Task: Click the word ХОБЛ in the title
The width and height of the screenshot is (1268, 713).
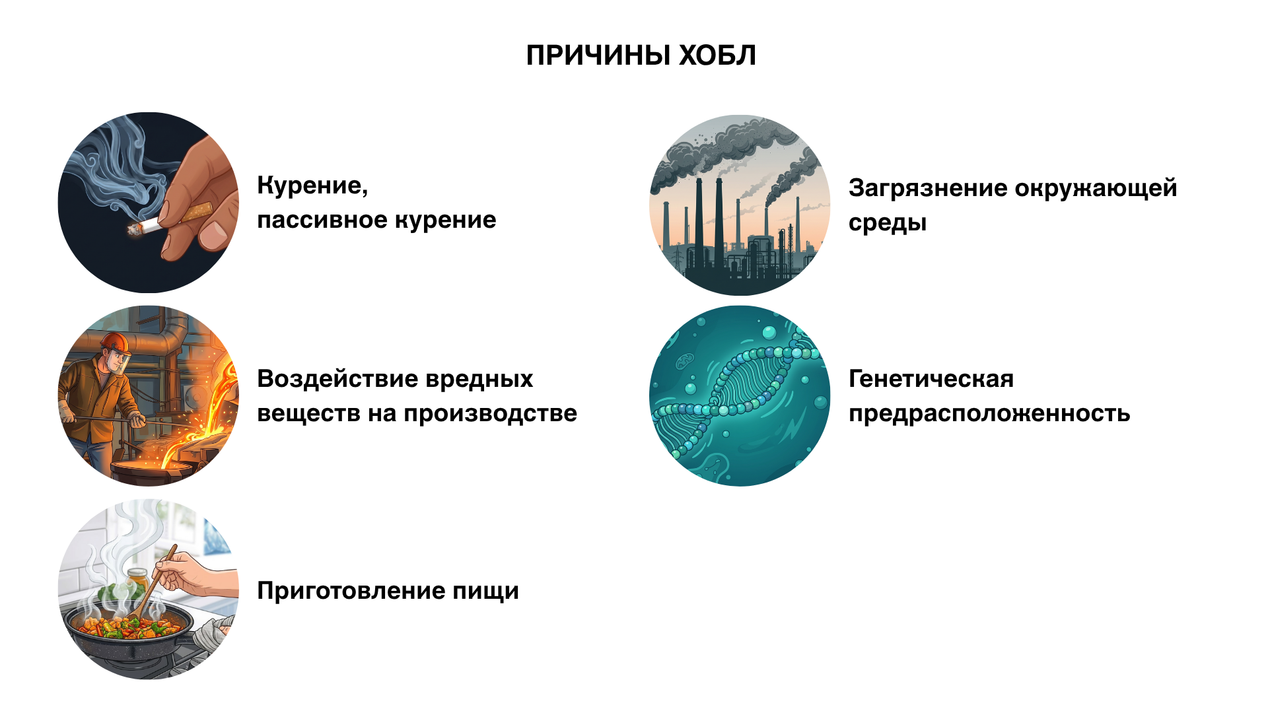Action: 718,55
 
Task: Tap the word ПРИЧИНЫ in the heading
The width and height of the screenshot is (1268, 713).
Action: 598,55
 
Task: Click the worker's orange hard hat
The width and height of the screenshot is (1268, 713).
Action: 114,341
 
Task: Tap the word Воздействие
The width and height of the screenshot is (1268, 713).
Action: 337,379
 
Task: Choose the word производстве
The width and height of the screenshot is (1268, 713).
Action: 491,414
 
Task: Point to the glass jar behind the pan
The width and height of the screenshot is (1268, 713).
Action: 137,582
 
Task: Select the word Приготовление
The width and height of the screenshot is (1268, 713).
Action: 350,591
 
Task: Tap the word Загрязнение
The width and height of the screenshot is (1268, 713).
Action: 927,188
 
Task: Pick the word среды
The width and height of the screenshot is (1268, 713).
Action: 888,223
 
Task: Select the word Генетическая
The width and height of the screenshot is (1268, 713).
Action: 931,379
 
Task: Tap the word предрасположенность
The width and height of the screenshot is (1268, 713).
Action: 989,414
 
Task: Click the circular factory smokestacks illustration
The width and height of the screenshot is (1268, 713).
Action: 740,205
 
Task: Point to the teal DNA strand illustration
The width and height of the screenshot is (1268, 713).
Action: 740,396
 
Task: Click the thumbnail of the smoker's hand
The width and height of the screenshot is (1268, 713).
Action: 149,203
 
